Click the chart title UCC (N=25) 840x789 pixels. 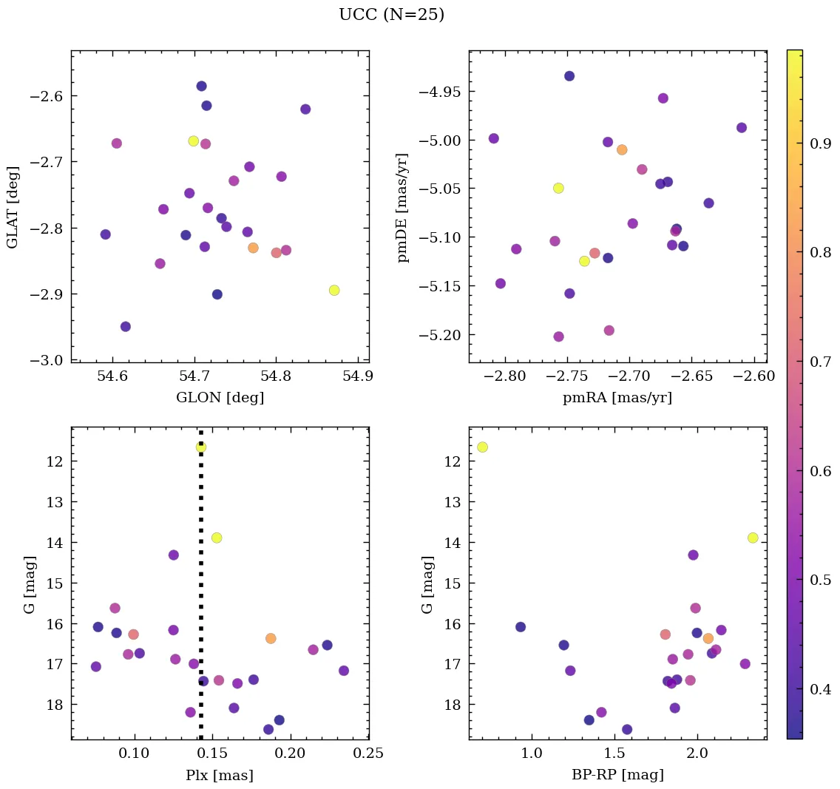(x=391, y=15)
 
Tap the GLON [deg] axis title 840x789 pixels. (x=220, y=398)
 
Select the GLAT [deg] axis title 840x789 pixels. (x=13, y=206)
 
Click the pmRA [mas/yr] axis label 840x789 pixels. (x=617, y=398)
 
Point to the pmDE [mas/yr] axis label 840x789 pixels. (x=403, y=206)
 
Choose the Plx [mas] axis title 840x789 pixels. (x=220, y=775)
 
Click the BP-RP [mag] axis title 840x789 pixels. (x=617, y=775)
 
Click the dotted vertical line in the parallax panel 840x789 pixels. (x=201, y=592)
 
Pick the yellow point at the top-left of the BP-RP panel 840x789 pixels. (x=483, y=447)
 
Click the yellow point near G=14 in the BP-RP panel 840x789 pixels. (x=753, y=538)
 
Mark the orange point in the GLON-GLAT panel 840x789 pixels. (x=253, y=248)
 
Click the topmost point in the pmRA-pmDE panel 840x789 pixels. (x=569, y=76)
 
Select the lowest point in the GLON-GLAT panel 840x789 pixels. (x=126, y=326)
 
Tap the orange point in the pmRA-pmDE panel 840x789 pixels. (x=622, y=149)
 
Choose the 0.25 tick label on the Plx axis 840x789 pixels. (x=368, y=754)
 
